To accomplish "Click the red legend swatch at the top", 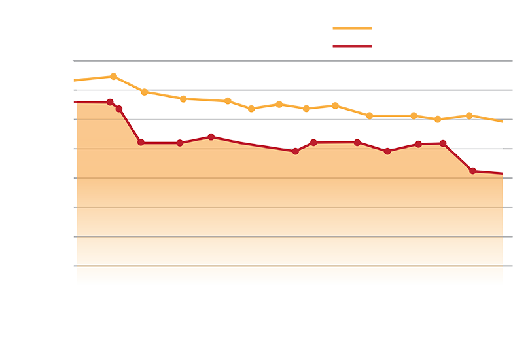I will pos(347,45).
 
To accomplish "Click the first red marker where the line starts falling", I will pos(110,102).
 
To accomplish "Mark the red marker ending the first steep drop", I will pos(141,143).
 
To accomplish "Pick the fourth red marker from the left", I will pos(180,143).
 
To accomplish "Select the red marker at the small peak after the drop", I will pos(211,136).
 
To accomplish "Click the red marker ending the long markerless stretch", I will pos(296,151).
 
